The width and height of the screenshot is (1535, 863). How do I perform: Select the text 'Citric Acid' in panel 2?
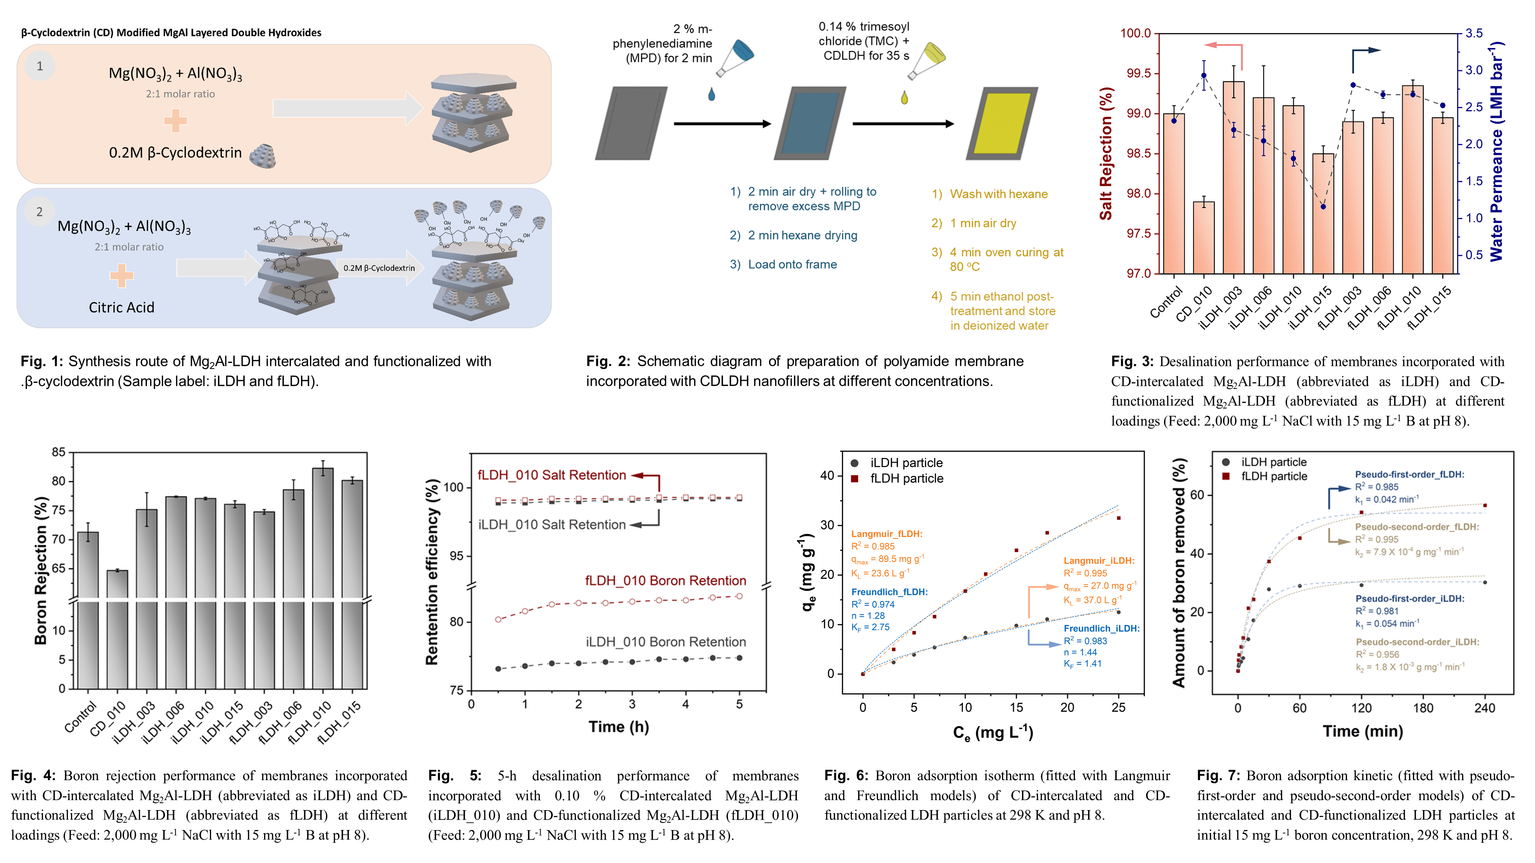[122, 307]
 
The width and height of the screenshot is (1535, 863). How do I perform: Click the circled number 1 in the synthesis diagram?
[40, 66]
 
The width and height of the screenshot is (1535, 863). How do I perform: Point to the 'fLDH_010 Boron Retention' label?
[665, 581]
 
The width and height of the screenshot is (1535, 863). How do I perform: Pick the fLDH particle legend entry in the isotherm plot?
[906, 479]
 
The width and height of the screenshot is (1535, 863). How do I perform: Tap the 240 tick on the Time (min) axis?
[1484, 708]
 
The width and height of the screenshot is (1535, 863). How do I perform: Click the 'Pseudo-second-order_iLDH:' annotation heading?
[1417, 642]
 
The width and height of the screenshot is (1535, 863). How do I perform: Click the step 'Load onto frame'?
[792, 264]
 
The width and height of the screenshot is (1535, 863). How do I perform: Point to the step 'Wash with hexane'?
[998, 194]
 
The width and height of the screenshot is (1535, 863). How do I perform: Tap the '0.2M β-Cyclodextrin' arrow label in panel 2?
[379, 268]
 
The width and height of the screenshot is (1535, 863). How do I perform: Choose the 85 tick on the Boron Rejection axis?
[58, 453]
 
